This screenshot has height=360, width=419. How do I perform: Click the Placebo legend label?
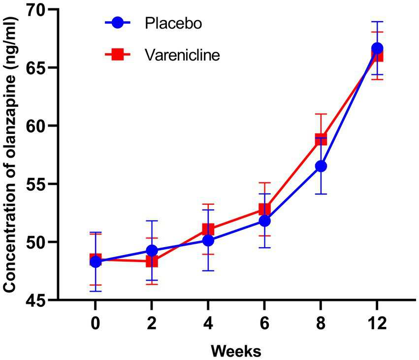tap(173, 23)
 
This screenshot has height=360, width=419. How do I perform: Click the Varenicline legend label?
tap(182, 55)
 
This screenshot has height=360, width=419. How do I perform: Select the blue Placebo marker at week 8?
tap(321, 166)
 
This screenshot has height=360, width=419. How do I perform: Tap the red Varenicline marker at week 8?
tap(321, 139)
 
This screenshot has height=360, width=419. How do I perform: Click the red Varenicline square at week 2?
tap(152, 261)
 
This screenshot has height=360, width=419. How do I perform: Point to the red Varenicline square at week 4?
tap(208, 229)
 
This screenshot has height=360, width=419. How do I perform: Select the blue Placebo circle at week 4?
tap(208, 240)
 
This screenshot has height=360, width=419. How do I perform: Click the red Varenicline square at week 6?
tap(265, 209)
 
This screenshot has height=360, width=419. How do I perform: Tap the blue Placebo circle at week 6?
tap(265, 221)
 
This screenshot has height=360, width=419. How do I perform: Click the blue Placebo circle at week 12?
tap(377, 48)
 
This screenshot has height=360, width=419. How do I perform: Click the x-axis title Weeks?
tap(236, 351)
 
